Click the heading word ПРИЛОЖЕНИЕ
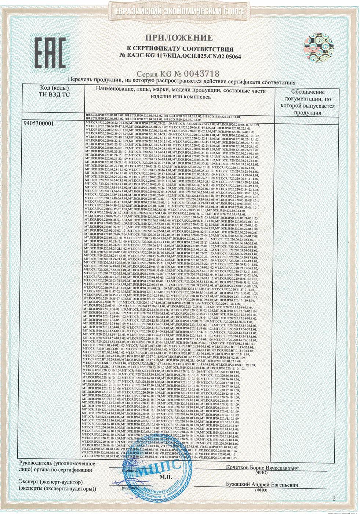[180, 38]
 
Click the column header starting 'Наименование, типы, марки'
[180, 94]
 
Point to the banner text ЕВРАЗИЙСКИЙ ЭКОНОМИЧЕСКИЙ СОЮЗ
[179, 11]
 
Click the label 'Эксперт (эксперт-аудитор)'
[51, 482]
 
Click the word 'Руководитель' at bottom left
[34, 464]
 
